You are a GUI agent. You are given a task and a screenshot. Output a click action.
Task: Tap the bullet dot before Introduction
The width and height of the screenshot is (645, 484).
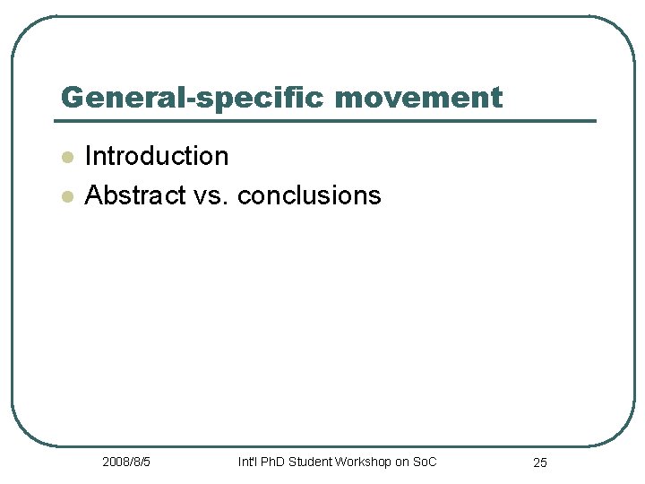coord(65,157)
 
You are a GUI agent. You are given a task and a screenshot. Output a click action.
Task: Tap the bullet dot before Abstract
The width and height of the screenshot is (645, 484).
coord(65,195)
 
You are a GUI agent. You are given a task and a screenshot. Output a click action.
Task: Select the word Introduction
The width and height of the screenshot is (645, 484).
coord(157,156)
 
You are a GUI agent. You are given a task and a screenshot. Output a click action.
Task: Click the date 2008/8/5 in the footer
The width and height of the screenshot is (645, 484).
coord(126,462)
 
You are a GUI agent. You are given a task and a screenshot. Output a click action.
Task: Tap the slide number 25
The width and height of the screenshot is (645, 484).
coord(540,462)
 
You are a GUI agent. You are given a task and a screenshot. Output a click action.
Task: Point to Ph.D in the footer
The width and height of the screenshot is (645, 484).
coord(272,462)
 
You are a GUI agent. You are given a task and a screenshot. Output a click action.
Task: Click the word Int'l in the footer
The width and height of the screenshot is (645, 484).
coord(246,462)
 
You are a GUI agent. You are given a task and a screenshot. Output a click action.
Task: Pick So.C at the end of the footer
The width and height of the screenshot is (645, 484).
coord(425,462)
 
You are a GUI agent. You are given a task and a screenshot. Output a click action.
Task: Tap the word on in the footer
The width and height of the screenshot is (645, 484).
coord(401,462)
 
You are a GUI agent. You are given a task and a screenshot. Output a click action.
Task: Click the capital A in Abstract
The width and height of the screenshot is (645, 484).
coord(92,195)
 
